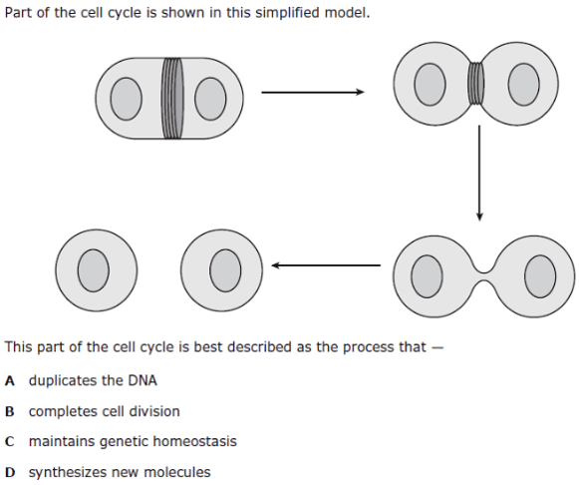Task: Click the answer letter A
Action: [10, 381]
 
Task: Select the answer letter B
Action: [10, 411]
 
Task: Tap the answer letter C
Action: [10, 441]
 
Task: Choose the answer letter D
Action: [10, 472]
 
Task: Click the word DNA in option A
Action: [143, 380]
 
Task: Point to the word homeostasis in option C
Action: [194, 441]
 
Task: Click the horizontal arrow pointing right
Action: [313, 92]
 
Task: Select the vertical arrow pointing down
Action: [479, 173]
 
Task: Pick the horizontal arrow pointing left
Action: [326, 265]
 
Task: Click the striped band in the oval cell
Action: [171, 99]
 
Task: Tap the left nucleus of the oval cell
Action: [126, 99]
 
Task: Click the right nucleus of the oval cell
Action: [210, 99]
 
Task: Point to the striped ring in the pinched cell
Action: [475, 83]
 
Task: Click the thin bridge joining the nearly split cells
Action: [484, 276]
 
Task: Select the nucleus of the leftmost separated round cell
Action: [94, 270]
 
